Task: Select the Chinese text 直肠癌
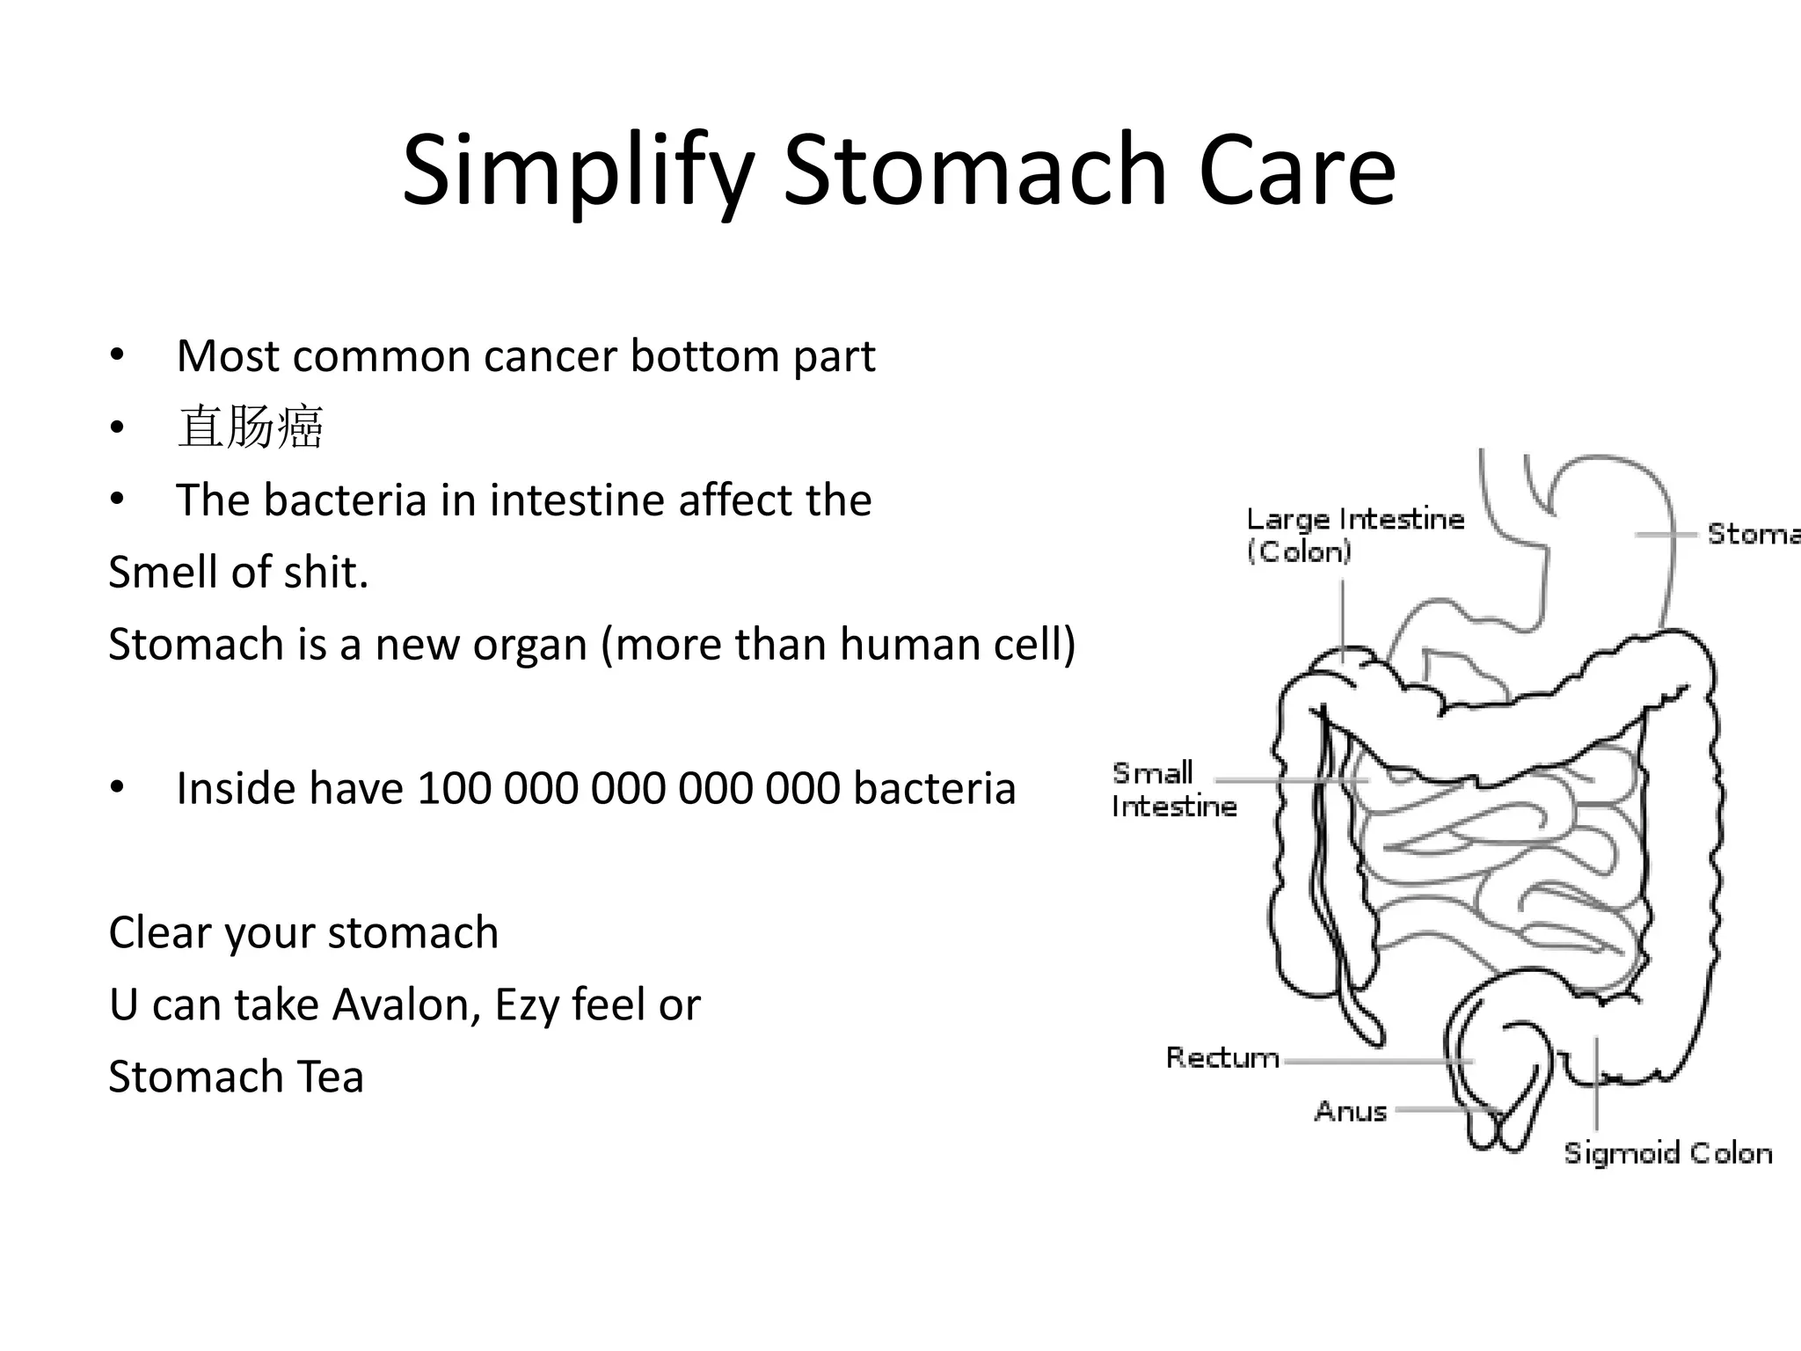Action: coord(251,428)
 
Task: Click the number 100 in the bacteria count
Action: coord(455,789)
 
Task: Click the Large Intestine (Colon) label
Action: coord(1354,535)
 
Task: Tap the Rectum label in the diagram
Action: coord(1221,1057)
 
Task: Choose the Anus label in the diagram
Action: coord(1350,1111)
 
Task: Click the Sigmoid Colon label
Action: coord(1667,1153)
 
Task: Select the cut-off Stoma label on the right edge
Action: coord(1752,534)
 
